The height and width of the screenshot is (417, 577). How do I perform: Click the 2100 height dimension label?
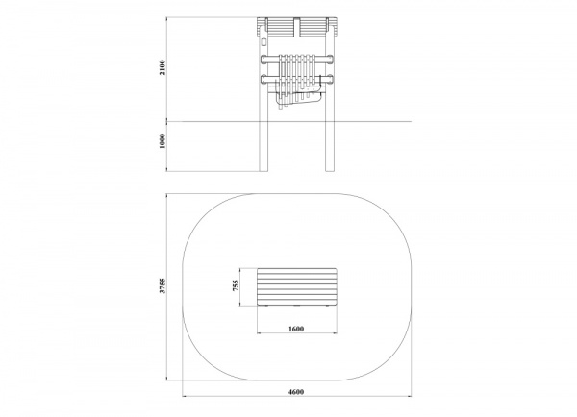(163, 67)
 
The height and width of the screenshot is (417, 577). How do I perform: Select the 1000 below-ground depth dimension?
(163, 141)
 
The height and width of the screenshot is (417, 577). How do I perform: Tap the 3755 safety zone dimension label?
(163, 285)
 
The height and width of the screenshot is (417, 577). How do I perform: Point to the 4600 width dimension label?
(296, 392)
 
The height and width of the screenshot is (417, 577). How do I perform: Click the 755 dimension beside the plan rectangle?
(236, 285)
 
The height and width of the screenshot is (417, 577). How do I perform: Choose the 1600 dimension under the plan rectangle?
(296, 329)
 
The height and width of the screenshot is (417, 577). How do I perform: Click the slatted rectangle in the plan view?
(297, 287)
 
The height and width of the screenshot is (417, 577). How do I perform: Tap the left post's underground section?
(263, 146)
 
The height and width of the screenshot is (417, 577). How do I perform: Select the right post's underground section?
(330, 146)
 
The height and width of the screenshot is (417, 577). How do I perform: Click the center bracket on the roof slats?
(297, 27)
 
